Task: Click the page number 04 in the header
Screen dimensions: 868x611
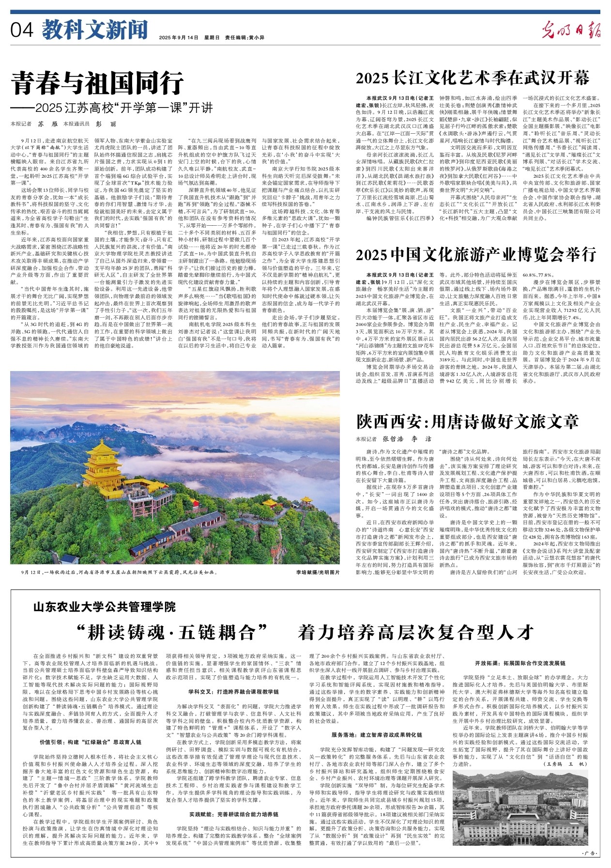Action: click(22, 31)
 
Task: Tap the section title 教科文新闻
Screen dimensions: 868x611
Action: click(94, 30)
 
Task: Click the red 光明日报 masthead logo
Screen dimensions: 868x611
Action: click(571, 31)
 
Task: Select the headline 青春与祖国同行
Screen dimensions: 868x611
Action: click(98, 83)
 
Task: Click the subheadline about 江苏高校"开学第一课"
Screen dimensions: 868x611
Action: click(112, 107)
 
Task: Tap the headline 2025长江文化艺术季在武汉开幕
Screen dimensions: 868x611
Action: click(472, 78)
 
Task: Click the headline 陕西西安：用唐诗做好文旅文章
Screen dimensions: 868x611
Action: click(467, 421)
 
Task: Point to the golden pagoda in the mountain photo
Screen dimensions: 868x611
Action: click(102, 472)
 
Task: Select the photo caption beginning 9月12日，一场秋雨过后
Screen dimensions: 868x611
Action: click(119, 572)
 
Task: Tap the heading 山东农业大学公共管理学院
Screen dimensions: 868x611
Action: click(104, 606)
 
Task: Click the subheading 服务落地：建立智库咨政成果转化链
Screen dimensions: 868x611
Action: click(377, 735)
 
